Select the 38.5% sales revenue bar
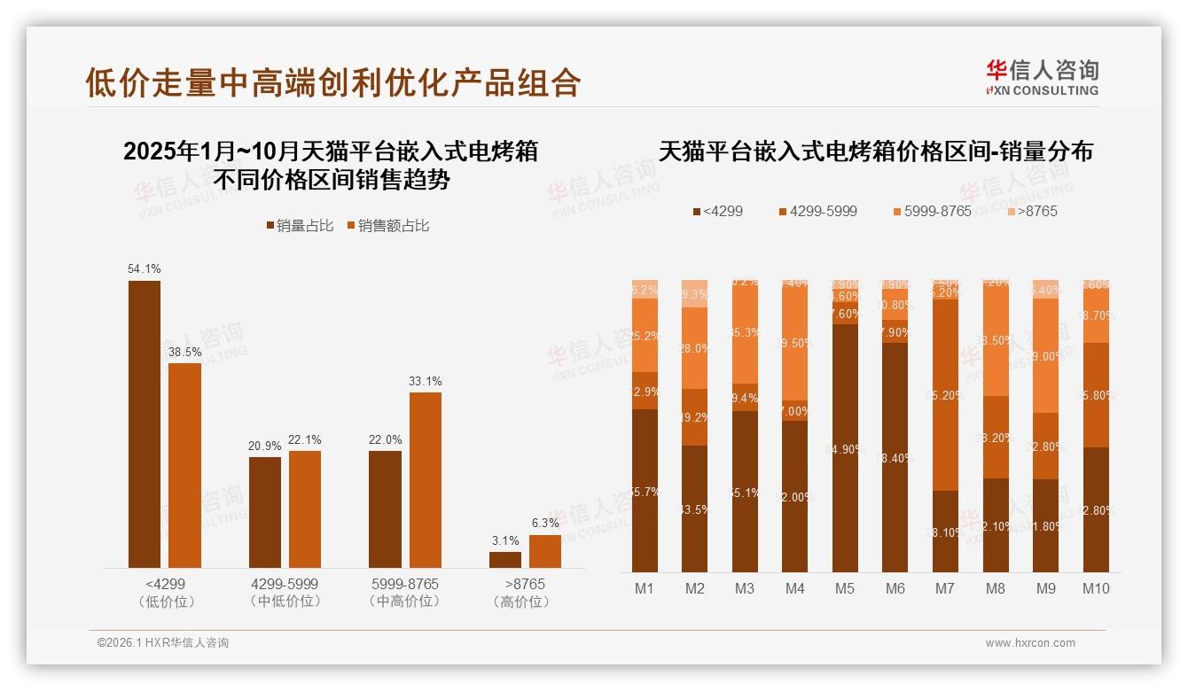[184, 465]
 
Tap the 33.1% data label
[425, 382]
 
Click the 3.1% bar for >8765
[505, 560]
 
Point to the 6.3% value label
[545, 524]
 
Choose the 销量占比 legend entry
[300, 226]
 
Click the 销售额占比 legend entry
[387, 226]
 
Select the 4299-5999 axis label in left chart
[285, 585]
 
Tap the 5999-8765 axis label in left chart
[405, 585]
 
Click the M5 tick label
[845, 589]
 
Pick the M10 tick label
[1096, 589]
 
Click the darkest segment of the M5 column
[845, 447]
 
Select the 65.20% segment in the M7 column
[946, 394]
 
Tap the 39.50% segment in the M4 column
[795, 344]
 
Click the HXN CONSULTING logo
[1043, 78]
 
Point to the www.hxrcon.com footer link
[1030, 643]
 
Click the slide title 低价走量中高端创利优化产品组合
[332, 82]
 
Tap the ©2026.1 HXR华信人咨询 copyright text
[163, 643]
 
